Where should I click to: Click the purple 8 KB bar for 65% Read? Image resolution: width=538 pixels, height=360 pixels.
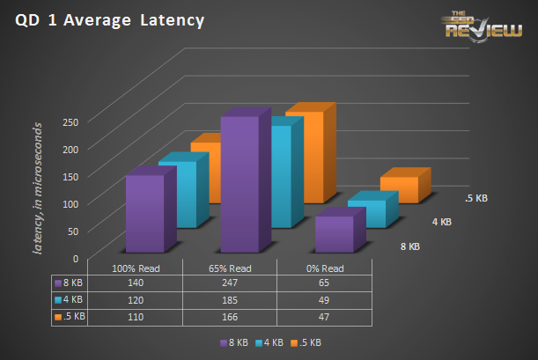[240, 185]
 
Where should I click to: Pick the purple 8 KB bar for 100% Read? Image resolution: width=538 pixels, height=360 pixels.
[144, 214]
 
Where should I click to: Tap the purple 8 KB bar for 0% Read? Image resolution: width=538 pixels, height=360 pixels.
[335, 234]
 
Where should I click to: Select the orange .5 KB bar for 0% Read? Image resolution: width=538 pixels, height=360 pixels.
[399, 190]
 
